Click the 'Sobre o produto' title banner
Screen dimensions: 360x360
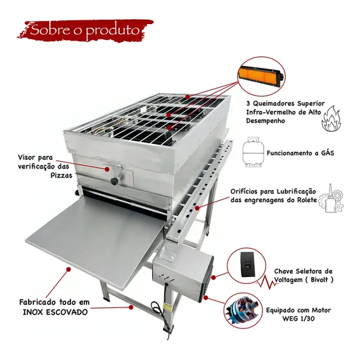tap(86, 30)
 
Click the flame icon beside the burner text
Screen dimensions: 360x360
tap(331, 119)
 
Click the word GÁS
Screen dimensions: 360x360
tap(328, 153)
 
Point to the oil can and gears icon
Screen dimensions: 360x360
tap(331, 198)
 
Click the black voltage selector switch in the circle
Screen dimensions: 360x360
tap(247, 264)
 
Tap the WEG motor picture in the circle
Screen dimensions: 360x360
tap(241, 311)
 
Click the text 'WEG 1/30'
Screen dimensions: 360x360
tap(299, 319)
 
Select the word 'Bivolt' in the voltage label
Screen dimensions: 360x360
tap(319, 280)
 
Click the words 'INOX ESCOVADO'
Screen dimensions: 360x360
tap(55, 312)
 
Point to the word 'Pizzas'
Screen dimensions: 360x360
tap(61, 176)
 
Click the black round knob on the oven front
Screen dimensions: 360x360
tap(114, 181)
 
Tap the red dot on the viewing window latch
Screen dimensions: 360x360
tap(107, 169)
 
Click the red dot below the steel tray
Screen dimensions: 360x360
tap(68, 269)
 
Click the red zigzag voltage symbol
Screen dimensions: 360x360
tap(267, 282)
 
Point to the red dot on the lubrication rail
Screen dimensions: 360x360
tap(197, 208)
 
